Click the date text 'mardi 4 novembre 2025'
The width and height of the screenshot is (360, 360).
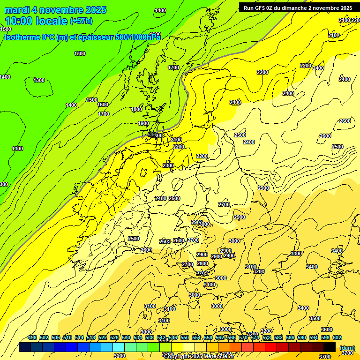click(x=55, y=10)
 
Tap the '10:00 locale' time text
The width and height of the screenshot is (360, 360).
click(x=36, y=21)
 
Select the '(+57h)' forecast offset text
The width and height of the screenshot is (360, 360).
click(x=81, y=21)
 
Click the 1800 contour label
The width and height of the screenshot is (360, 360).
click(x=136, y=109)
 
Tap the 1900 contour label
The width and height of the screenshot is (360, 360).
click(x=143, y=123)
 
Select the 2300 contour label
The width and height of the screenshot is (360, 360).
click(x=168, y=165)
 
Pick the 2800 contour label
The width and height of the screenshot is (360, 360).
click(x=202, y=263)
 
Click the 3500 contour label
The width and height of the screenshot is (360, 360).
click(x=315, y=318)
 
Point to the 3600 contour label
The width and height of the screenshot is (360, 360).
click(x=327, y=330)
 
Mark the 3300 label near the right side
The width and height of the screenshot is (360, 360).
click(x=296, y=253)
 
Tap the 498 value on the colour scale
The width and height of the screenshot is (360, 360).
click(x=32, y=337)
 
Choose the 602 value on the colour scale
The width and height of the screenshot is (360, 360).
click(x=337, y=337)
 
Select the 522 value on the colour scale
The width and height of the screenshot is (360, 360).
click(x=103, y=337)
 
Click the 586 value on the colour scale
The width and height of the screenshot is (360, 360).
click(x=290, y=337)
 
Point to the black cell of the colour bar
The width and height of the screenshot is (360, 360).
click(x=330, y=347)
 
